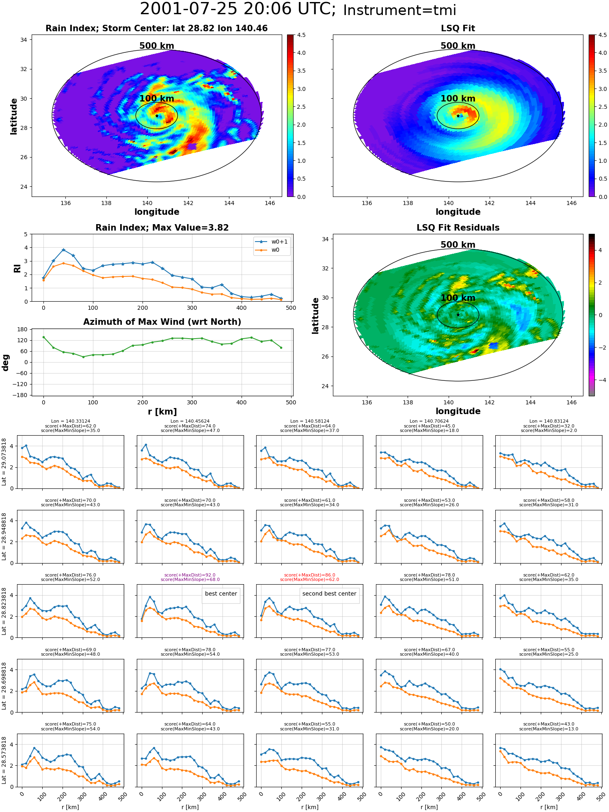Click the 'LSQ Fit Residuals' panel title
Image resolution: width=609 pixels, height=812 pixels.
pos(458,228)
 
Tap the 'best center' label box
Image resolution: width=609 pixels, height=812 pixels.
pos(221,594)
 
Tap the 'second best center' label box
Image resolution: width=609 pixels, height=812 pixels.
pos(329,594)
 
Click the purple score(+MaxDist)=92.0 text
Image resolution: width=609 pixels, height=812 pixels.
pos(190,575)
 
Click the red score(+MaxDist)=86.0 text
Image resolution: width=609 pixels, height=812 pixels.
pos(310,575)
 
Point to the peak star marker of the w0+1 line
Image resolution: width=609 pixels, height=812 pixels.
pos(63,250)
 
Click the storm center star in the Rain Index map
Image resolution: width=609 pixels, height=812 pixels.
pos(157,116)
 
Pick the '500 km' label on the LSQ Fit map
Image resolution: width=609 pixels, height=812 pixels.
pos(458,46)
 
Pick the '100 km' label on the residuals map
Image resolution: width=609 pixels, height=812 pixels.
pos(458,298)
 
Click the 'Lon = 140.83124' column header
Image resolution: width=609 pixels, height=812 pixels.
pos(549,421)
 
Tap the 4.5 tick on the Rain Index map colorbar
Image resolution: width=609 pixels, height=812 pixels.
pos(301,35)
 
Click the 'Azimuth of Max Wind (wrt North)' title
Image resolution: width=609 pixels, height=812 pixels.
pos(162,322)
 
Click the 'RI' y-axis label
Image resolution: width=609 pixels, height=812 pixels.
pos(17,268)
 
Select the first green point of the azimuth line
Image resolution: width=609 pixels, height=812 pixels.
pos(43,337)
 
